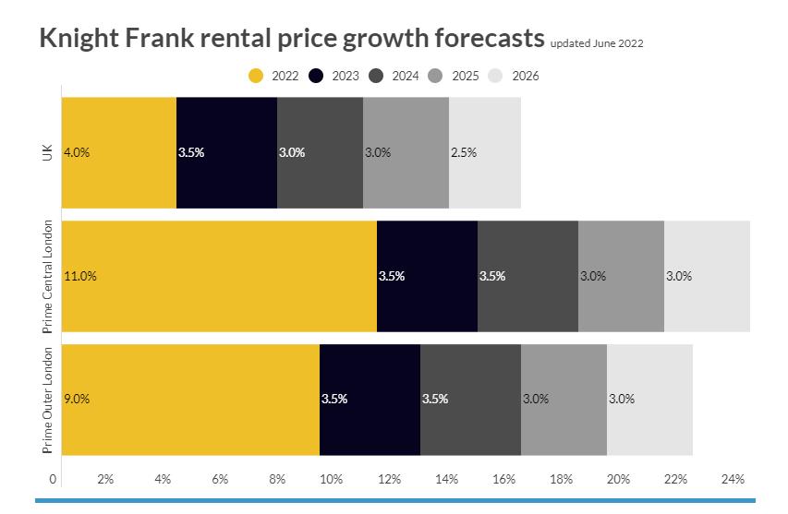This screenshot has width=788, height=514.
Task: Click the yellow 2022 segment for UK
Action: pos(118,152)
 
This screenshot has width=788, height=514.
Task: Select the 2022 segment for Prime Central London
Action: pos(219,276)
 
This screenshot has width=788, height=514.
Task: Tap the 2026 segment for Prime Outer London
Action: pos(649,400)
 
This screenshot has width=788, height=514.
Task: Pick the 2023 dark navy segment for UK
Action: pos(226,152)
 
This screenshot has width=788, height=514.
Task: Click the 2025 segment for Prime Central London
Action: pos(621,276)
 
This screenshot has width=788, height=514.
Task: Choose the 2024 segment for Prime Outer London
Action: pos(470,400)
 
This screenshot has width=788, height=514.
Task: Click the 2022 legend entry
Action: pos(274,76)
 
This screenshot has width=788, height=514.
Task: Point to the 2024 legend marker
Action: pos(377,76)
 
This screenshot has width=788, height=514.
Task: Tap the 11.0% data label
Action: pos(80,276)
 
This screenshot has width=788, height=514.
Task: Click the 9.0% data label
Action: pos(77,400)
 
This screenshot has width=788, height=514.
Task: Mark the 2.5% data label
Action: pos(464,153)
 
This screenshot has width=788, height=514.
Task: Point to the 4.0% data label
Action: pos(77,153)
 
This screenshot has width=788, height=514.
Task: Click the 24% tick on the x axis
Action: pos(733,479)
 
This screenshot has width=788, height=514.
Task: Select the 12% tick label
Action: pos(389,479)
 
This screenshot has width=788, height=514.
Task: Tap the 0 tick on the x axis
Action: pos(53,479)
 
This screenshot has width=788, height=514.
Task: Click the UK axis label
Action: pos(47,152)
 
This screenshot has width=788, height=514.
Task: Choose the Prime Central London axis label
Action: pos(47,276)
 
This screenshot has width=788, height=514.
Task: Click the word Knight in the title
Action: pos(80,40)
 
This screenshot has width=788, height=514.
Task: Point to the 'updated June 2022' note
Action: pos(597,43)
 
